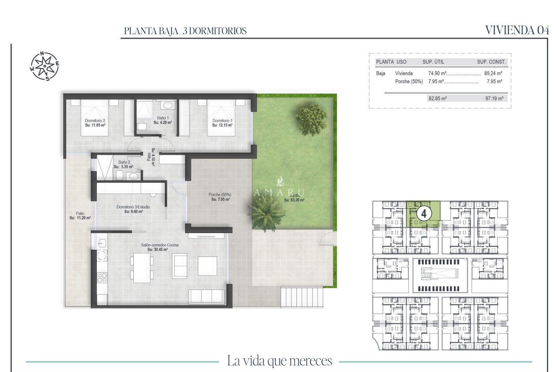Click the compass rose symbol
[44, 66]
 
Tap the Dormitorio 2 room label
[95, 121]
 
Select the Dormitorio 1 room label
[222, 121]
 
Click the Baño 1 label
[163, 118]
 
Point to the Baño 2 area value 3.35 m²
[124, 167]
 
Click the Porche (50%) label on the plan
[220, 195]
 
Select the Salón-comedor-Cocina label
[160, 245]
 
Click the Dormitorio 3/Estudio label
[133, 207]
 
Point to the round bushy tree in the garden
[311, 119]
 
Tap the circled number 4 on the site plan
[424, 214]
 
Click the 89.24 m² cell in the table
[493, 74]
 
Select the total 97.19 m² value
[494, 99]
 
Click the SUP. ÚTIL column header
[433, 62]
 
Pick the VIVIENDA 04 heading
[517, 30]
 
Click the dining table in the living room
[142, 268]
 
